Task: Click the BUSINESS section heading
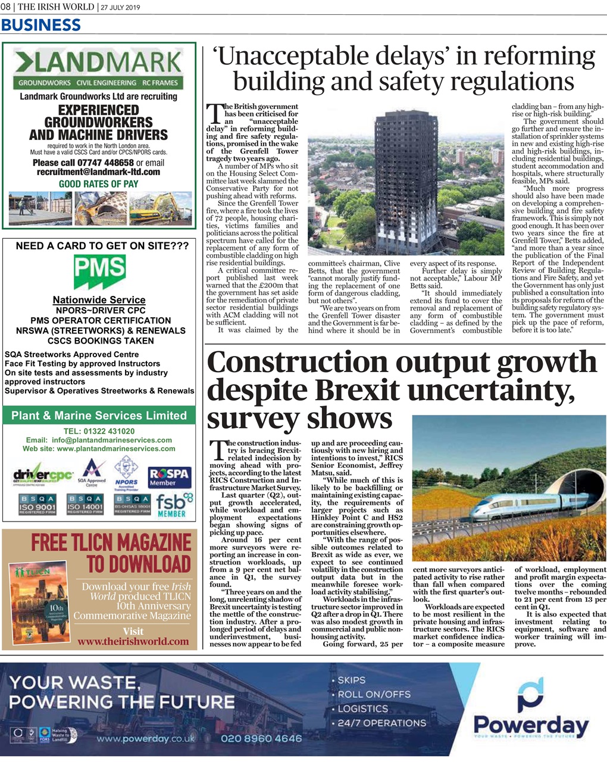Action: [x=41, y=25]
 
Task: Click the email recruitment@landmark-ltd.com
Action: [x=99, y=172]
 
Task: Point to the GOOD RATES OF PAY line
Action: [x=99, y=184]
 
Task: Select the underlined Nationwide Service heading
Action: [x=99, y=300]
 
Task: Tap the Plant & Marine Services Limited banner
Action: [x=99, y=416]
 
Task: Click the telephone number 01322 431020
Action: [x=99, y=431]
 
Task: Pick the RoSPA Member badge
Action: [x=170, y=477]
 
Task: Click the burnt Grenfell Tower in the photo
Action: [x=398, y=179]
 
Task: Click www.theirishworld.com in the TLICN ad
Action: [x=133, y=641]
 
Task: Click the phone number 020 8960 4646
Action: [x=261, y=739]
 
